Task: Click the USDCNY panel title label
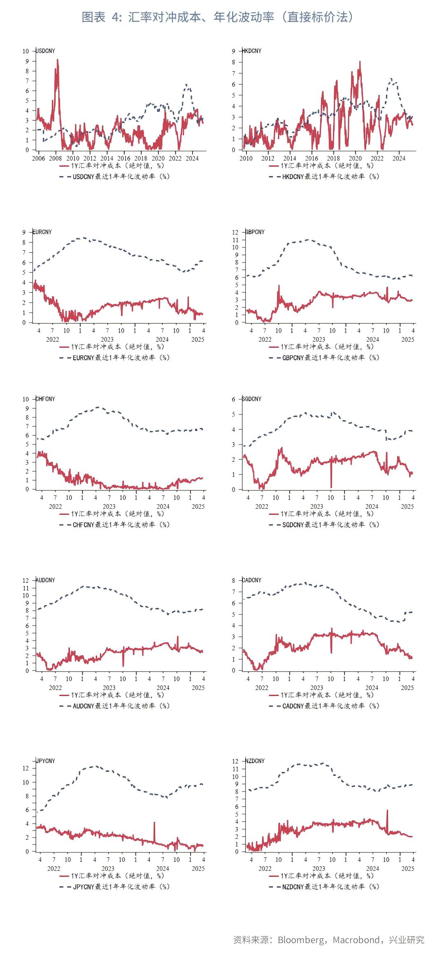tap(46, 51)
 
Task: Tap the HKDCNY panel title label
tap(252, 51)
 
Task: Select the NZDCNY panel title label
tap(255, 761)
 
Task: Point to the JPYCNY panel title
tap(46, 761)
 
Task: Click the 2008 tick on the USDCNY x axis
tap(56, 158)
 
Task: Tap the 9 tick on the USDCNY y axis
tap(27, 61)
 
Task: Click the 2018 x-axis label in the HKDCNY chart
tap(333, 158)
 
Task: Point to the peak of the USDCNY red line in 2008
tap(57, 60)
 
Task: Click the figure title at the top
tap(218, 17)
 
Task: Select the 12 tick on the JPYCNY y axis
tap(26, 768)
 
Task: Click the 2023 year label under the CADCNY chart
tap(316, 688)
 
